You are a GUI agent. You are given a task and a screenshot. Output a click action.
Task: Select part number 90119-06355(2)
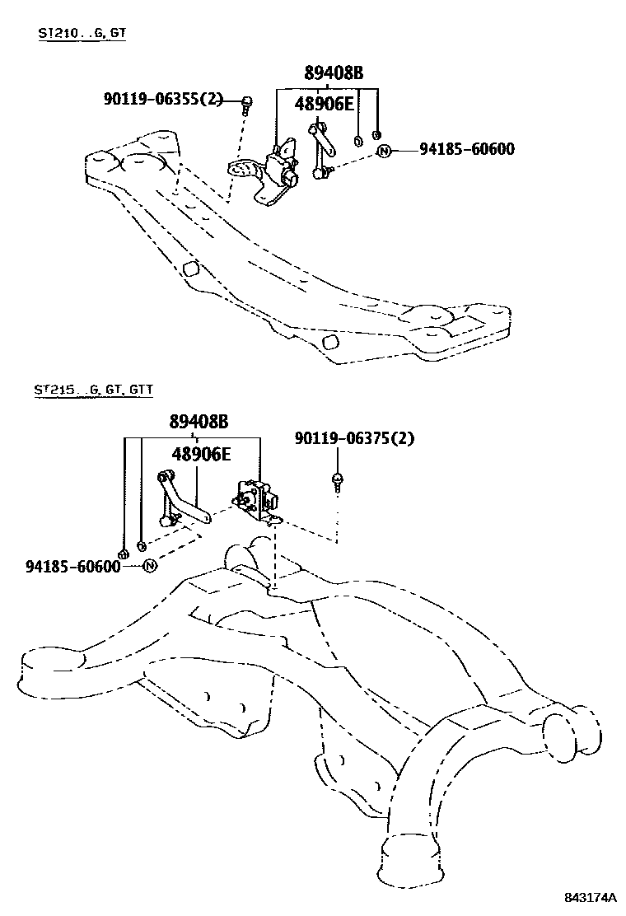[x=163, y=99]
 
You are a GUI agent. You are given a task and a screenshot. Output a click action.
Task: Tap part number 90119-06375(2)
[x=354, y=438]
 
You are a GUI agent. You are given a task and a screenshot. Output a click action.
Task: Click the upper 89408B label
[x=333, y=73]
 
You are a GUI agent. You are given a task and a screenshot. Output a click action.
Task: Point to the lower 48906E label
[x=201, y=454]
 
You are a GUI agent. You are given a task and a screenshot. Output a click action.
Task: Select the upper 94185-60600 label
[x=466, y=149]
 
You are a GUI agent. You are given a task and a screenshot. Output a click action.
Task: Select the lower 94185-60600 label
[x=72, y=566]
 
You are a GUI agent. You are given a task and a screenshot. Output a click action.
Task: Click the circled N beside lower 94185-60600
[x=150, y=566]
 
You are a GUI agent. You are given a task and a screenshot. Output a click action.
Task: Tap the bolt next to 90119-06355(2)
[x=246, y=103]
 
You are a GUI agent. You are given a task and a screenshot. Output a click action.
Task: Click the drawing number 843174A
[x=589, y=896]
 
